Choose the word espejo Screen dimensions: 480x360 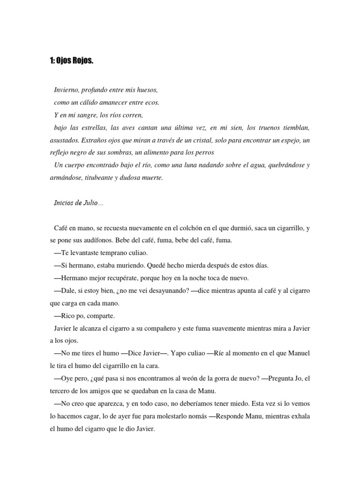click(289, 140)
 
